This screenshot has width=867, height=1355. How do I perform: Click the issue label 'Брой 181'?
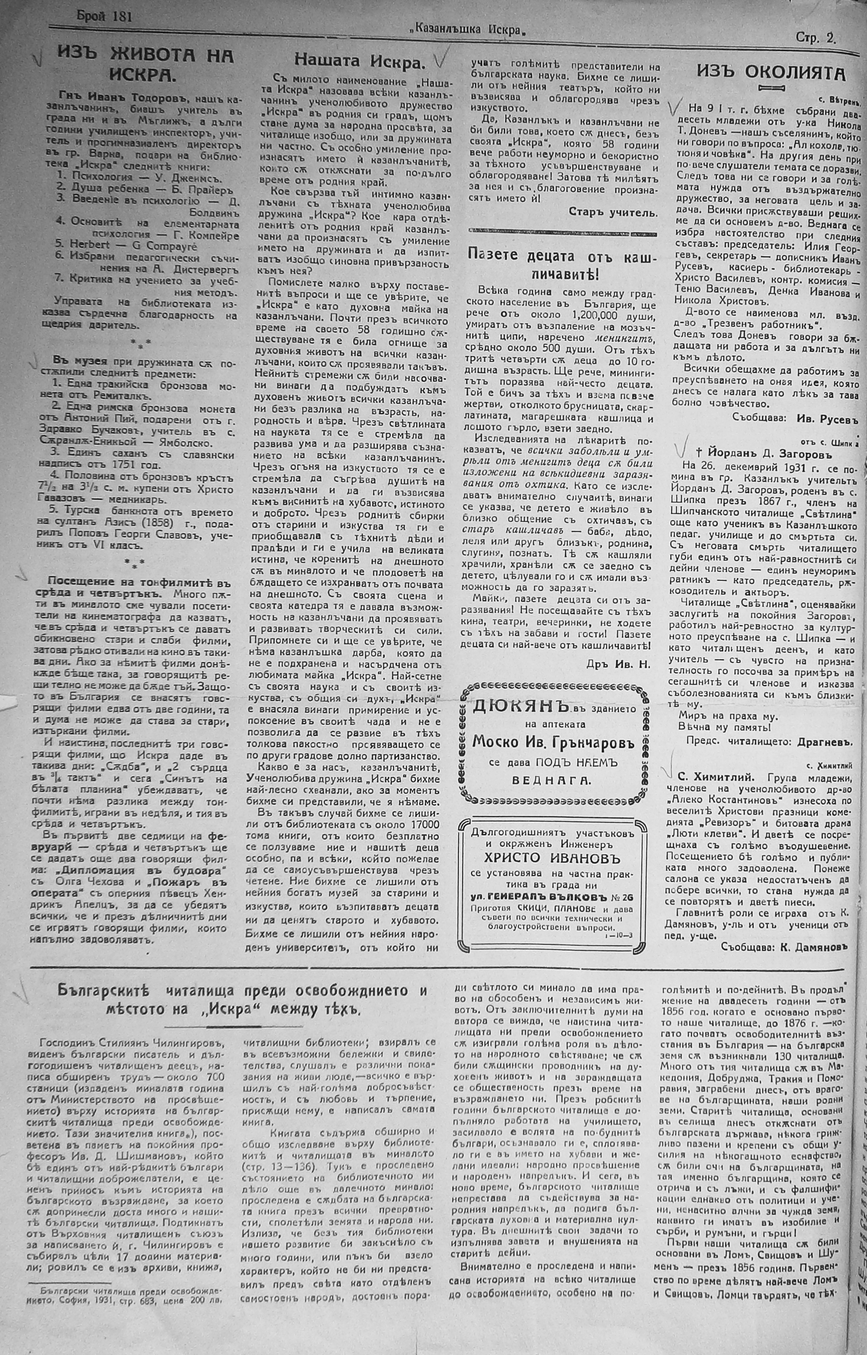[x=104, y=17]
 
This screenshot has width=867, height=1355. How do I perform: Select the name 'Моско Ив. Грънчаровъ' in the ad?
[x=553, y=743]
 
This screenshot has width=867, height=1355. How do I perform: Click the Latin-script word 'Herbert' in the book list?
[x=93, y=245]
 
